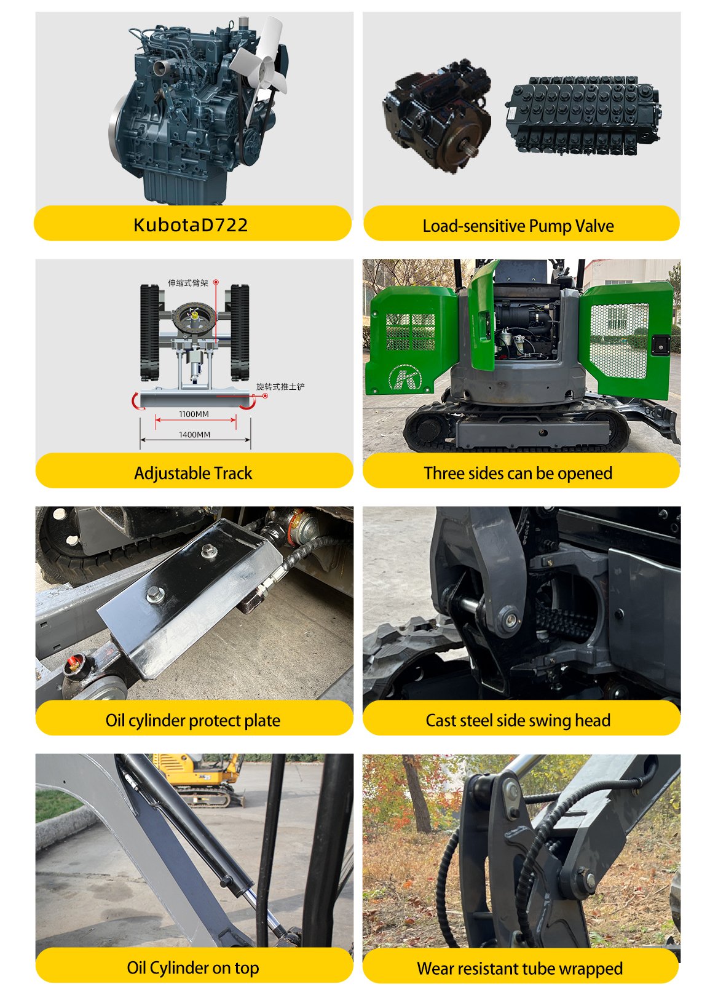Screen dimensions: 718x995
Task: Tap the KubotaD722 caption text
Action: [x=191, y=225]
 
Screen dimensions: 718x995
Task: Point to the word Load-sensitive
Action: [x=474, y=226]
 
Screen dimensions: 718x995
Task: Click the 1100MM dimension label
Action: [x=194, y=414]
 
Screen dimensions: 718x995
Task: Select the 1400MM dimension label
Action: [x=194, y=435]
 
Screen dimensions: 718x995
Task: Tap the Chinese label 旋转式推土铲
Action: [x=280, y=387]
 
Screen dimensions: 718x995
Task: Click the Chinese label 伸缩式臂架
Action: [x=188, y=283]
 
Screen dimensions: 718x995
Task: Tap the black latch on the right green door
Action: [x=660, y=345]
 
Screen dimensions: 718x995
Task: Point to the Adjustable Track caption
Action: [x=193, y=474]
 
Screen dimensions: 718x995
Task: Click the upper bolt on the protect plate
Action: [x=207, y=552]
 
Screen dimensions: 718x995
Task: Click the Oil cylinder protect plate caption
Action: [x=193, y=721]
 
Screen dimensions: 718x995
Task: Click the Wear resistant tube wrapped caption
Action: [x=520, y=969]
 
